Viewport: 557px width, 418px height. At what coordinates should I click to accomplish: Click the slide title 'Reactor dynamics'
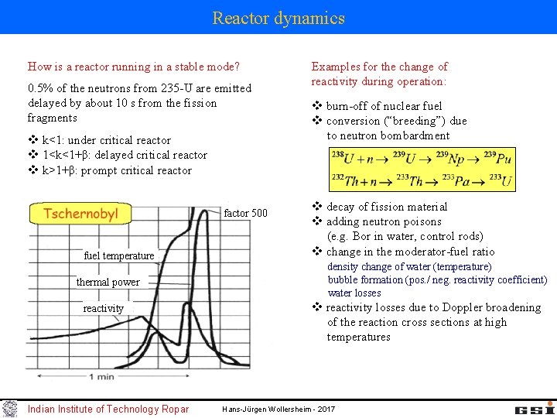[278, 18]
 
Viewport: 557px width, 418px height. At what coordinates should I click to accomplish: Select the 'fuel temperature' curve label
[119, 255]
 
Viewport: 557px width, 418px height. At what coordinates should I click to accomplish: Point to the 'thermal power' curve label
[108, 282]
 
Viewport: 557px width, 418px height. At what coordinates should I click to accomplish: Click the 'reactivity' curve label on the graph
[103, 308]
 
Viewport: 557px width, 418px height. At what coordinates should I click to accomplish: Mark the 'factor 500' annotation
[245, 213]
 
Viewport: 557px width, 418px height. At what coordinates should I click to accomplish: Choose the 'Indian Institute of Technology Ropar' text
[108, 409]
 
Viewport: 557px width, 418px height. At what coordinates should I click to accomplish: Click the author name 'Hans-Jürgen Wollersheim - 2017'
[278, 409]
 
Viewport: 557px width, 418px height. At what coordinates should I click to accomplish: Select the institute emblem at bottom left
[9, 408]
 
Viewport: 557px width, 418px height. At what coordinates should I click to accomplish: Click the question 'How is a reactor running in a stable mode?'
[134, 67]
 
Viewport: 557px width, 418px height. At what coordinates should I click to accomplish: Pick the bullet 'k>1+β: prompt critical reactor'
[116, 170]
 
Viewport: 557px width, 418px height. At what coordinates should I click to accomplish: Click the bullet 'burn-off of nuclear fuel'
[384, 106]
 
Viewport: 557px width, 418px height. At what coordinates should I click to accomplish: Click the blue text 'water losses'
[354, 293]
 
